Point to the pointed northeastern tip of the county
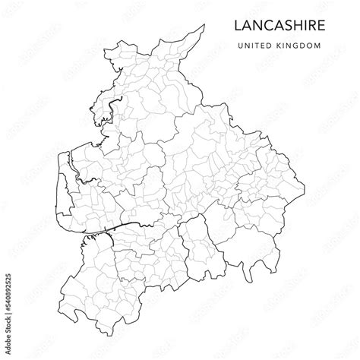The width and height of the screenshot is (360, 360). pos(204,25)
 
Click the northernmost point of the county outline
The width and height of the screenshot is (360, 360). pos(204,25)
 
